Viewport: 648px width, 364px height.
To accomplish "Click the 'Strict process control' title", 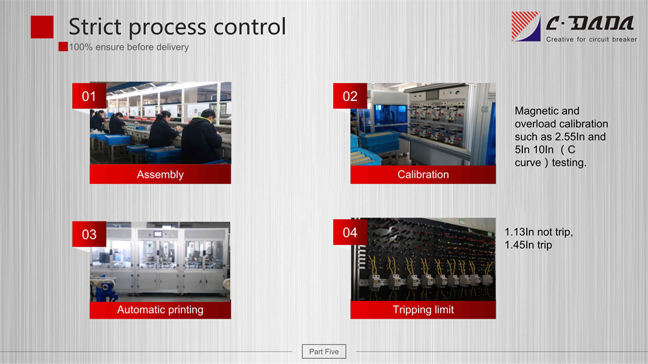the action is [x=177, y=27].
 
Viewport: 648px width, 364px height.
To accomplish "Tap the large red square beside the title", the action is [x=42, y=27].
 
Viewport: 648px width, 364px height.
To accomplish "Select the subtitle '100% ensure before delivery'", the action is [x=129, y=47].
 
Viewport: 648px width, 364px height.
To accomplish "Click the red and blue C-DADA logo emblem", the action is [x=526, y=27].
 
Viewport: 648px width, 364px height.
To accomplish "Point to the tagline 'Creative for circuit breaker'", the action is [x=592, y=40].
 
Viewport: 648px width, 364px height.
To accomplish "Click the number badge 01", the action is [x=89, y=96].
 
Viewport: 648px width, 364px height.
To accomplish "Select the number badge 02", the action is [x=350, y=96].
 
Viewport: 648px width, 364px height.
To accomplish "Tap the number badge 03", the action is [x=89, y=234].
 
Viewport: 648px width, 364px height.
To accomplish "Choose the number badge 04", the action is [x=350, y=233].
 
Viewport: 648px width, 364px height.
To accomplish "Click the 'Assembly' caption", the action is [x=160, y=174].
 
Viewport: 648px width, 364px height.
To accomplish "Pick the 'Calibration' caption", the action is [x=423, y=174].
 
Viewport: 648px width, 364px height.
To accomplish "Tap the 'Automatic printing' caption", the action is [x=160, y=310].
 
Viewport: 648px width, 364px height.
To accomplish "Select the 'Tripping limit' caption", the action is [x=423, y=310].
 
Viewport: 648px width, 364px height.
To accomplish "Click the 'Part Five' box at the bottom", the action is [x=324, y=352].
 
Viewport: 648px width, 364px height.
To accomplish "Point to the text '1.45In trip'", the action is [x=528, y=245].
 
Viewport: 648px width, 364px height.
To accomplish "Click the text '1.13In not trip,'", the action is [x=538, y=233].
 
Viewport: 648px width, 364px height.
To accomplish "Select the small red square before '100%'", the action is [x=63, y=47].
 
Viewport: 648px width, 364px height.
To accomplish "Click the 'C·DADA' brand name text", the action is [x=590, y=23].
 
